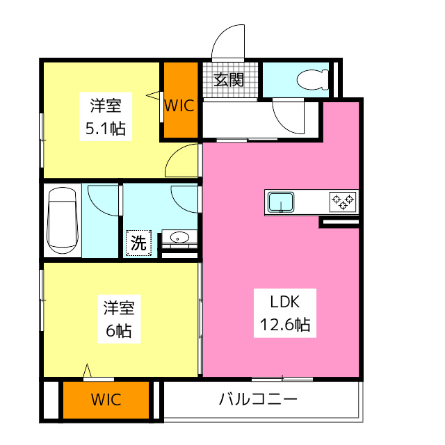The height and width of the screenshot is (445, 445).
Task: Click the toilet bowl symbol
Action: (x=312, y=80)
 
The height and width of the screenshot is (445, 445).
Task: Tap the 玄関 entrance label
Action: (x=229, y=80)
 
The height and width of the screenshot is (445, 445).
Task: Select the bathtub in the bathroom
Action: (x=63, y=220)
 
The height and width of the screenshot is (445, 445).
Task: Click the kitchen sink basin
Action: (x=281, y=202)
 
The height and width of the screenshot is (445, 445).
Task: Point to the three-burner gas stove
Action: (x=343, y=202)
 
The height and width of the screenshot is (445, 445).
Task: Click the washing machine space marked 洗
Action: (x=138, y=243)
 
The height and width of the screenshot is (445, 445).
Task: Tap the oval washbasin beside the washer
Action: (x=179, y=237)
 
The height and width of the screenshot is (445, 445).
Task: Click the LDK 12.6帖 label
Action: (x=285, y=313)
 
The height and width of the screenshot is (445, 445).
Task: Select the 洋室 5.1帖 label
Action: (x=106, y=117)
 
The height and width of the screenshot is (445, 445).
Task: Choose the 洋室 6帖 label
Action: (x=119, y=319)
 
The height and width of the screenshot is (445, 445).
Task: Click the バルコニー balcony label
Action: (x=258, y=399)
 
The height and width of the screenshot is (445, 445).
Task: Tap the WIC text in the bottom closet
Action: (x=106, y=400)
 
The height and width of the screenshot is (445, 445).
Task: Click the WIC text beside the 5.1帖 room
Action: (x=179, y=106)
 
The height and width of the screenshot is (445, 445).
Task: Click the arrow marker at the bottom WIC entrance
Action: (x=87, y=371)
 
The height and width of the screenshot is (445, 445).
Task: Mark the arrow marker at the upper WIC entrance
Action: (x=153, y=95)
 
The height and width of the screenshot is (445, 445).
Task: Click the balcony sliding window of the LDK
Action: (x=282, y=379)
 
